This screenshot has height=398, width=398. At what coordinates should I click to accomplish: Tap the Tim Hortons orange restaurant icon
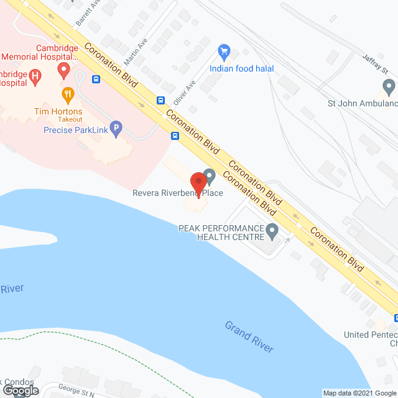coord(68,95)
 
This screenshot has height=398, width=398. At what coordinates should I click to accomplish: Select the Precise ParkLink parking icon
coord(116,129)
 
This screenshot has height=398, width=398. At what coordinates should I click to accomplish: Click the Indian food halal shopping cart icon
coord(224,52)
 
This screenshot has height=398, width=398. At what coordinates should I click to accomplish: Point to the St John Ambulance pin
coord(389,86)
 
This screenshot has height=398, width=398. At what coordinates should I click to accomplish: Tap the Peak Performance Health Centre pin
coord(272,232)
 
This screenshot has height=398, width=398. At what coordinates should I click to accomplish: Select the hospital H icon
coord(35,77)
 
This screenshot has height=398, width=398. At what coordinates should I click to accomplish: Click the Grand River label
coord(249,336)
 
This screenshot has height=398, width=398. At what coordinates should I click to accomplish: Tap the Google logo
coord(20,390)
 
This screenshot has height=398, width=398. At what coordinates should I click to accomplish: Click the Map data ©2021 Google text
coord(359,393)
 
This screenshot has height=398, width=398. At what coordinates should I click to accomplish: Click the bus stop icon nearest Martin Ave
coord(96,79)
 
